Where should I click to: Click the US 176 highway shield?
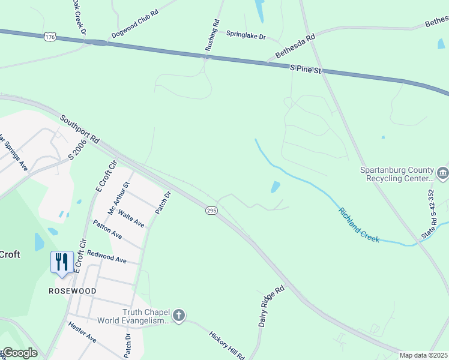[x=50, y=37]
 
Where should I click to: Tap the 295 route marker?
[x=211, y=211]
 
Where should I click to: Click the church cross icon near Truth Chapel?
[x=178, y=316]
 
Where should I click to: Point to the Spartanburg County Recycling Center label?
[x=396, y=174]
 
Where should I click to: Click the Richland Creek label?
[x=359, y=225]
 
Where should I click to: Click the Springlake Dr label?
[x=246, y=35]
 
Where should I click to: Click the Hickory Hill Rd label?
[x=226, y=345]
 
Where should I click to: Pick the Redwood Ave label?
[x=106, y=256]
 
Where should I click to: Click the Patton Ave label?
[x=107, y=230]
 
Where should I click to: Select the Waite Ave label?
[x=131, y=218]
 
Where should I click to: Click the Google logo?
[x=20, y=353]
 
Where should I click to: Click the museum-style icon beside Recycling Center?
[x=443, y=174]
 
